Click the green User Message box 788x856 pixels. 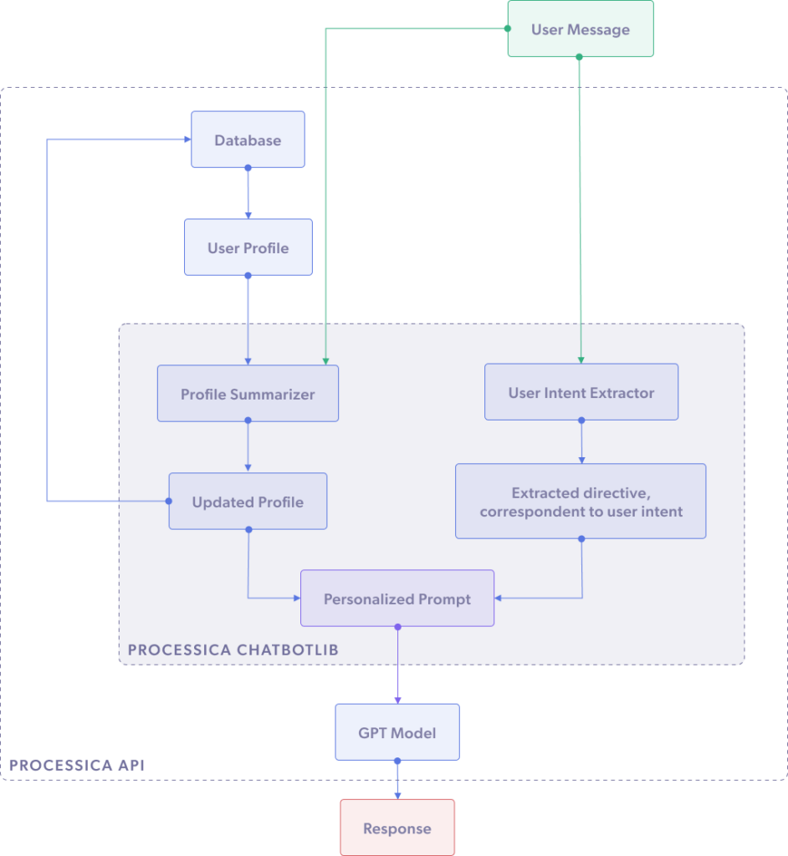(x=580, y=30)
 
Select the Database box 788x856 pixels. (x=248, y=140)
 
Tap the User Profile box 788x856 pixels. (x=248, y=248)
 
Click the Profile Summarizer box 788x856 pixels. (x=248, y=394)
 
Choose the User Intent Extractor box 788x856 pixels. (x=581, y=392)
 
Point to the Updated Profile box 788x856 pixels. (x=248, y=502)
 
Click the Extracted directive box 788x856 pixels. (x=581, y=502)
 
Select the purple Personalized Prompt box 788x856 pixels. (x=397, y=599)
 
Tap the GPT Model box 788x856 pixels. (x=397, y=732)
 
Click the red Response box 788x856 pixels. (x=397, y=828)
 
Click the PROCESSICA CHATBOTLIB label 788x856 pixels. (x=234, y=650)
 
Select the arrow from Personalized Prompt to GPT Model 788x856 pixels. (x=397, y=665)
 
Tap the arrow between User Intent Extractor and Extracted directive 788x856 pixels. (x=581, y=441)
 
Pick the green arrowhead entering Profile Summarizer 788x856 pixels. (x=325, y=360)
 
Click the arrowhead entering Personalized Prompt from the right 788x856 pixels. (x=499, y=599)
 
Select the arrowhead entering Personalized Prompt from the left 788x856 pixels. (x=296, y=599)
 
